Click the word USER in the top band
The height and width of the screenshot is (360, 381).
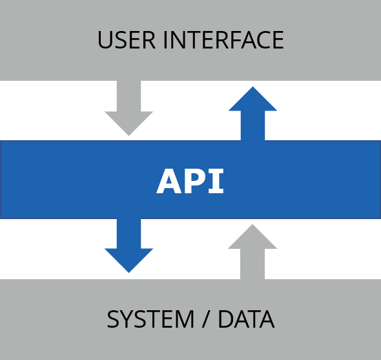coord(127,39)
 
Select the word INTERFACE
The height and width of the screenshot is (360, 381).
coord(223,39)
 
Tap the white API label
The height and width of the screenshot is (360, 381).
coord(190,181)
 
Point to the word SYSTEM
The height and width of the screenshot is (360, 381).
coord(150,319)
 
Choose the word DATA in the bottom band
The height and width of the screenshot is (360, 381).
coord(247,319)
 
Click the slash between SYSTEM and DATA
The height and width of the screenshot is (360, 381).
coord(206,319)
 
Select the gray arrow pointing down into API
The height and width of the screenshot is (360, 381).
coord(129,108)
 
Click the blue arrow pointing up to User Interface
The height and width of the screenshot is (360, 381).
coord(252,114)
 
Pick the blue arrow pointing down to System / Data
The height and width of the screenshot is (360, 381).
coord(129,246)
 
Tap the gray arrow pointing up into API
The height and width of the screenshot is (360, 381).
coord(252,252)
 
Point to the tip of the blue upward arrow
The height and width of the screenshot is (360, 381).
coord(252,87)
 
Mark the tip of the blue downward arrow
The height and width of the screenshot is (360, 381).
coord(129,273)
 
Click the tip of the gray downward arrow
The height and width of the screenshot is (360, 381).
coord(129,136)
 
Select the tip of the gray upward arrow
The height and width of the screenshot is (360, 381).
coord(252,224)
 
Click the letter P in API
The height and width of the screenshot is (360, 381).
coord(196,181)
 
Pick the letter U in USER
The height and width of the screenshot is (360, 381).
coord(105,40)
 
